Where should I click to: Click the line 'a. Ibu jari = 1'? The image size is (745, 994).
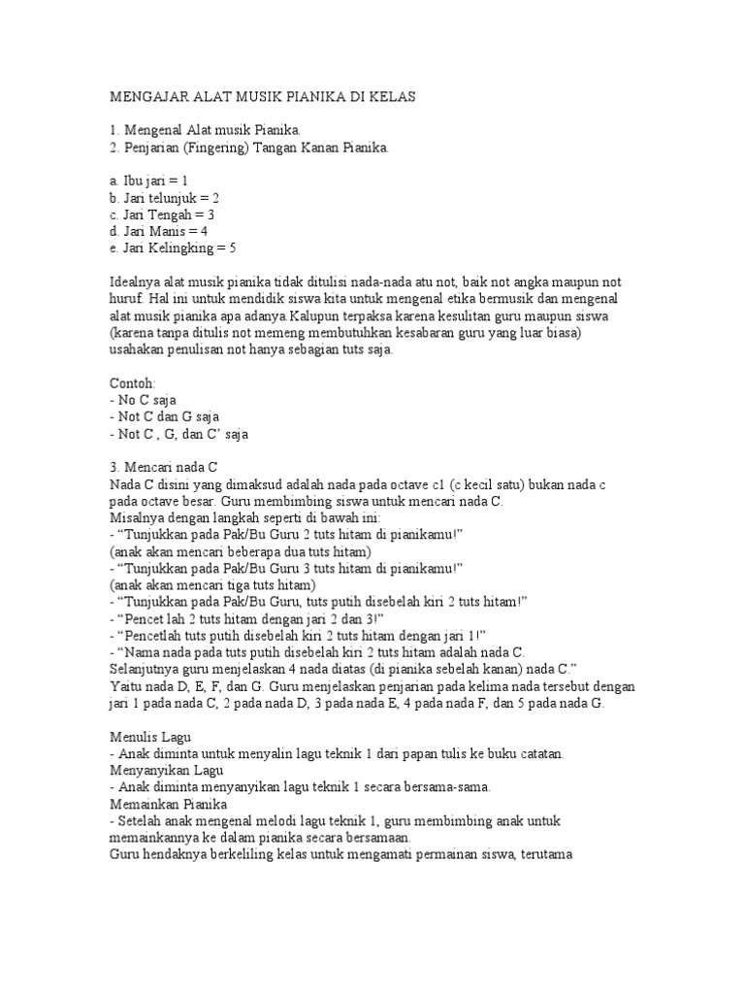(149, 181)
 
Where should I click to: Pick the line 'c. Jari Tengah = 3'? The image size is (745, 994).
(162, 215)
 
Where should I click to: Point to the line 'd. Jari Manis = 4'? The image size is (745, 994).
(159, 231)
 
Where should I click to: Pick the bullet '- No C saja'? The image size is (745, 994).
(143, 401)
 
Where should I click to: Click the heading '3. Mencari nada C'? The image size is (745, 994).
(165, 467)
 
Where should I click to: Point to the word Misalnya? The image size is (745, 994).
(137, 518)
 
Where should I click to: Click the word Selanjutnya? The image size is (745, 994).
(146, 670)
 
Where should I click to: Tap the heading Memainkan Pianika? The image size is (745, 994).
(168, 804)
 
